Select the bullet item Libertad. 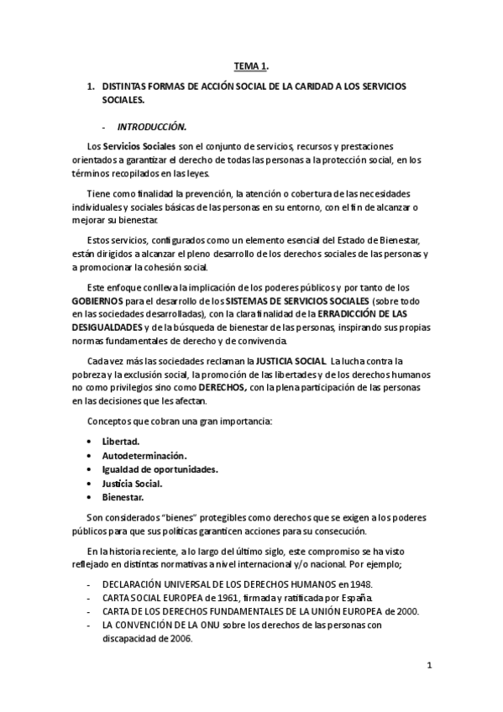121,441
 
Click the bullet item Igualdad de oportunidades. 160,469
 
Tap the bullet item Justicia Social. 132,483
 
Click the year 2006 179,637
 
